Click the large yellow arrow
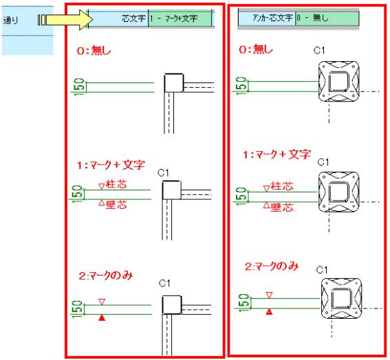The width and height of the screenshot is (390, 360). (x=67, y=20)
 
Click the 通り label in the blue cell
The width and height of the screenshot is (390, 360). (x=11, y=20)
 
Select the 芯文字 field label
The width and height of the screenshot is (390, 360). (x=133, y=18)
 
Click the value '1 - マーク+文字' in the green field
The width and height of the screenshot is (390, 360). (x=174, y=18)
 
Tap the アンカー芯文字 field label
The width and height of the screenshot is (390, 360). (x=272, y=18)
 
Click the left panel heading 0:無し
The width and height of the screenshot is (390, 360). (x=94, y=51)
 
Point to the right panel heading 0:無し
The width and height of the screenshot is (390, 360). (x=256, y=49)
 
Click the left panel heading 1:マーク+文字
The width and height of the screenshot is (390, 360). (x=111, y=165)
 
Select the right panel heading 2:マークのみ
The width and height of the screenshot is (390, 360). (x=272, y=267)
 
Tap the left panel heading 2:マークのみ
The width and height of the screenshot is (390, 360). (x=106, y=275)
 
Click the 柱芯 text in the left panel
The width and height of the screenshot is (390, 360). (x=116, y=184)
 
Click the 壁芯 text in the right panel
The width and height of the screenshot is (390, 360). (x=282, y=207)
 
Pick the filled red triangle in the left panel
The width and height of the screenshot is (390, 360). (x=102, y=318)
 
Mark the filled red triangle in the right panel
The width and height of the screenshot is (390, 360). (x=269, y=311)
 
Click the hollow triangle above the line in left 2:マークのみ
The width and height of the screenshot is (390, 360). (x=102, y=302)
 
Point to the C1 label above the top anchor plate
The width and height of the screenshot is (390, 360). (x=319, y=51)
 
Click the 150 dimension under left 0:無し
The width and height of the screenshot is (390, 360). (x=79, y=86)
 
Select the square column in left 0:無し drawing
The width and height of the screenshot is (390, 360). (x=174, y=82)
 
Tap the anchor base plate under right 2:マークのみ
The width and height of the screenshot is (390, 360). (x=341, y=298)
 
